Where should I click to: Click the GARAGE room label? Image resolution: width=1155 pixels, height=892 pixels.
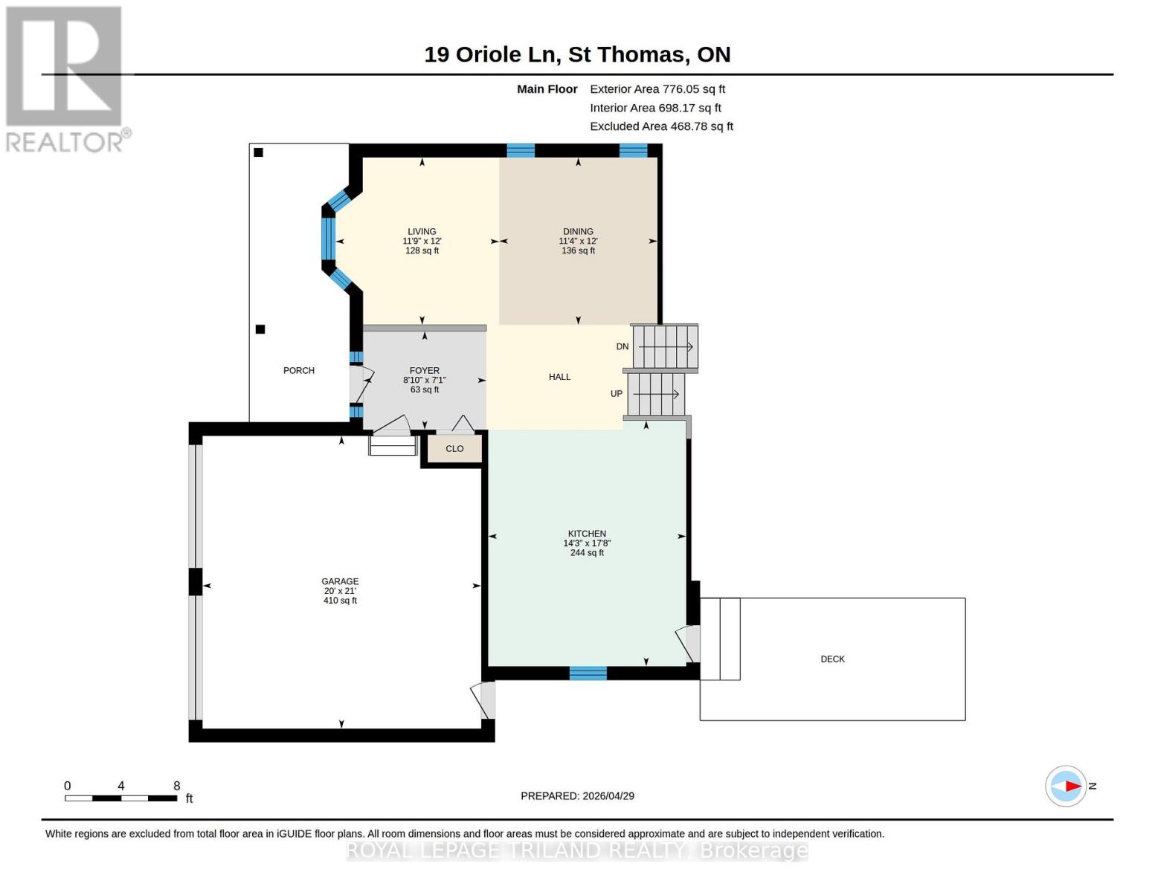tap(340, 581)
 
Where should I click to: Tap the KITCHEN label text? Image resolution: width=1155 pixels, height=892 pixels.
tap(587, 534)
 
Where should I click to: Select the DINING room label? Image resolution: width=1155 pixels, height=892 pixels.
tap(578, 231)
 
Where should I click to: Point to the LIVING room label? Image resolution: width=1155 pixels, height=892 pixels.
tap(422, 231)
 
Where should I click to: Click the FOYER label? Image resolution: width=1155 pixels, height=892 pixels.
tap(424, 370)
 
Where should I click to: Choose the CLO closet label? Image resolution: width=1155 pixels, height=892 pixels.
tap(454, 449)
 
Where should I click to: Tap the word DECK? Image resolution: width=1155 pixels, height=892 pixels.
tap(832, 659)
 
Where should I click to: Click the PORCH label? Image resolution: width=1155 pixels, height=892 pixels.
tap(299, 370)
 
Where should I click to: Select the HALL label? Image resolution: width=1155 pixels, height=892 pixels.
tap(559, 377)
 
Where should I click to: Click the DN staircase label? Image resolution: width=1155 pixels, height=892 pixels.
tap(622, 346)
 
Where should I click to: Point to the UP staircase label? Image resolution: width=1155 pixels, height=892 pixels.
tap(617, 394)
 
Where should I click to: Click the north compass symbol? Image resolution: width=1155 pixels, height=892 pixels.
tap(1066, 786)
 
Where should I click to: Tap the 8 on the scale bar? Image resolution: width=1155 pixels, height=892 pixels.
tap(177, 786)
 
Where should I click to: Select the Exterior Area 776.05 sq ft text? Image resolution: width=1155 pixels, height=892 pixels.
tap(657, 89)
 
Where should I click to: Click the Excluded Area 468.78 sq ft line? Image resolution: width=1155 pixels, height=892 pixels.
tap(661, 126)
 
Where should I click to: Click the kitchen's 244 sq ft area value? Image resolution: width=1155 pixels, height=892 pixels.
tap(587, 553)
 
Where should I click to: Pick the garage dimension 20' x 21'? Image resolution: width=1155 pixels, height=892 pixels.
tap(340, 591)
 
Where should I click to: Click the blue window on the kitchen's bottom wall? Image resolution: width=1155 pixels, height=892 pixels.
tap(588, 673)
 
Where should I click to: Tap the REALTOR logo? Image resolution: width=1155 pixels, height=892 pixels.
tap(65, 78)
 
